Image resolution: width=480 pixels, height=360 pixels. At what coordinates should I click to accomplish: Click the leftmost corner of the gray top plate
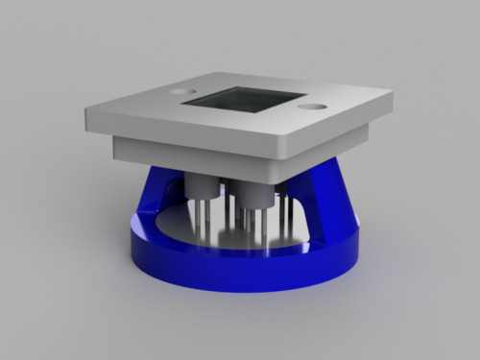pos(85,108)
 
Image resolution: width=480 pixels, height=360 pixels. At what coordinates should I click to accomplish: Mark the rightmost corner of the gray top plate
pos(392,94)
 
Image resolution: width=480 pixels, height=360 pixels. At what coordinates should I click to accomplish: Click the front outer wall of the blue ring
pos(240,274)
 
